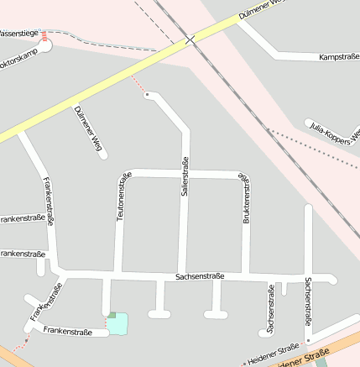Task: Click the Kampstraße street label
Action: pos(339,57)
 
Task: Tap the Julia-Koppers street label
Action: pos(333,131)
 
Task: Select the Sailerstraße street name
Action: pos(185,176)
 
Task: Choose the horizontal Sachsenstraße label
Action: pos(200,275)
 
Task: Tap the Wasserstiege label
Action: pos(18,34)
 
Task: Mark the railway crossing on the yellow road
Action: pos(191,39)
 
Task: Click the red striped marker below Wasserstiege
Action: pos(44,36)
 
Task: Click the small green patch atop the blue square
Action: pos(112,315)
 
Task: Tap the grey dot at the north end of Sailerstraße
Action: pos(147,96)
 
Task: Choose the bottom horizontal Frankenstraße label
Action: pos(67,332)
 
